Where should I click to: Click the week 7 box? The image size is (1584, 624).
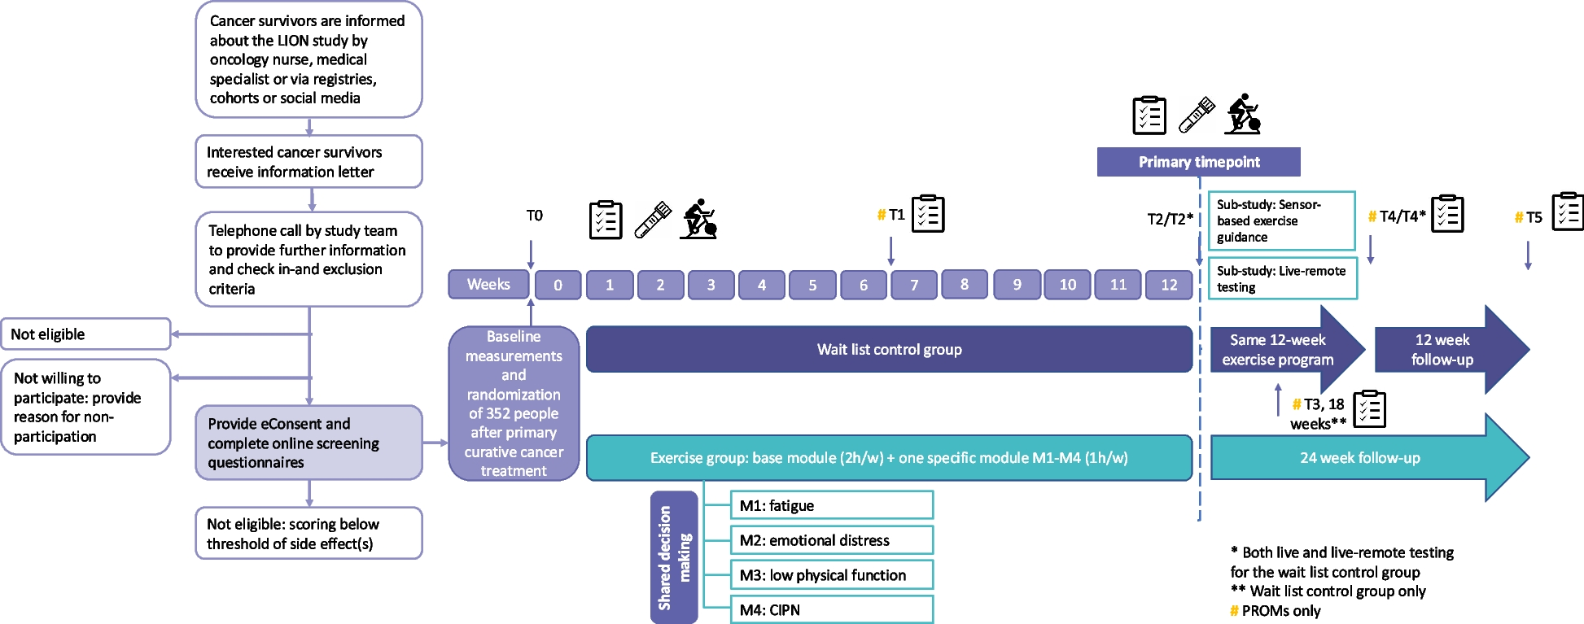click(914, 285)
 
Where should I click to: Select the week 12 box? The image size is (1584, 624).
click(1169, 285)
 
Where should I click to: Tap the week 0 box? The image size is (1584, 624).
click(558, 285)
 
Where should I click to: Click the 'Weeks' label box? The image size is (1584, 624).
click(488, 285)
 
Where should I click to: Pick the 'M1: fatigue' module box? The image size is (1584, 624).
click(831, 505)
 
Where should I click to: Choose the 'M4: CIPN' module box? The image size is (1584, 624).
click(831, 609)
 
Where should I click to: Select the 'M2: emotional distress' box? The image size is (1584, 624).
click(831, 540)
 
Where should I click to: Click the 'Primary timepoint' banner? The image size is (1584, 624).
click(1198, 162)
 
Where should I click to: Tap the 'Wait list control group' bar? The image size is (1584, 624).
click(889, 349)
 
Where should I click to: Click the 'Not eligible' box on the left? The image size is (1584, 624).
click(85, 334)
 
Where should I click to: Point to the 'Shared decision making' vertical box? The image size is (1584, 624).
click(674, 557)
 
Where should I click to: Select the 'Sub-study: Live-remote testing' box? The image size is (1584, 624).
click(1282, 278)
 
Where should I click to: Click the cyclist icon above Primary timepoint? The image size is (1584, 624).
click(1243, 114)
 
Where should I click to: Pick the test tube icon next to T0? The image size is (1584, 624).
click(652, 220)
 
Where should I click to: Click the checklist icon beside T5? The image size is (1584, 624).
click(1568, 212)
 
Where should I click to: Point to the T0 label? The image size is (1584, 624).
click(534, 216)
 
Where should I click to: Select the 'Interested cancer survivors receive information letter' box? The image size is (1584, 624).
click(308, 161)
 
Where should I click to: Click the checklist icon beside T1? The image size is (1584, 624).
click(928, 214)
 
